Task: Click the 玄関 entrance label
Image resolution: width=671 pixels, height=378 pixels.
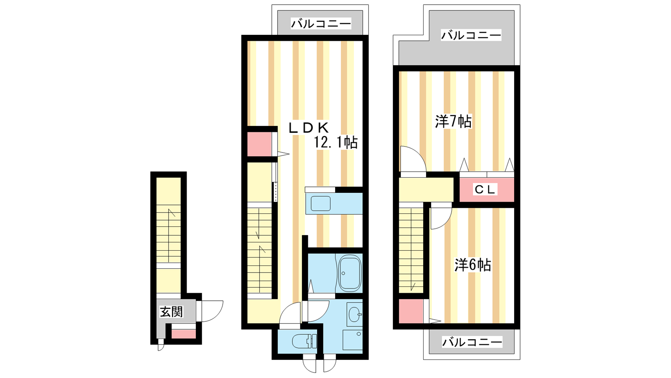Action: coord(171,312)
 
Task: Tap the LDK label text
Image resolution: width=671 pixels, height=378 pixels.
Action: coord(309,128)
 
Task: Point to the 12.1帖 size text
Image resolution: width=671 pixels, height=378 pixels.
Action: coord(336,142)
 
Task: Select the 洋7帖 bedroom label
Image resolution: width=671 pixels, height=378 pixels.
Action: coord(453,121)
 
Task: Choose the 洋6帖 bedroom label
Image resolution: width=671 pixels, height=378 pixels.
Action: coord(473,265)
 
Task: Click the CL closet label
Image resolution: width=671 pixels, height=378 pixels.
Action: coord(485,189)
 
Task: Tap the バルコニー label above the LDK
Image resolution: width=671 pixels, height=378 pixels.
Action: coord(321,24)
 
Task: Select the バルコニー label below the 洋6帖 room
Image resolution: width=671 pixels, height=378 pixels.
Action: coord(472,342)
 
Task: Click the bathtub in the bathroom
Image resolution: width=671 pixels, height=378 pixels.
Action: coord(350,273)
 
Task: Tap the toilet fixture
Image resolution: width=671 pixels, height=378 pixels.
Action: coord(304,341)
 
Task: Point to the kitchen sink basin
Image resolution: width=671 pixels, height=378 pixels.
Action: coord(320,203)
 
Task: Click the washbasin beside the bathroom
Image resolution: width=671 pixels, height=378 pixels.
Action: coord(355,315)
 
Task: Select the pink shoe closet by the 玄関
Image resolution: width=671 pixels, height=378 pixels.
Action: coord(183,334)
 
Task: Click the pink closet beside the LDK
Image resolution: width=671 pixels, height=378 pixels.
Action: coord(259,144)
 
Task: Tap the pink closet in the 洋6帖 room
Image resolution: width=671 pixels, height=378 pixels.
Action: coord(411,311)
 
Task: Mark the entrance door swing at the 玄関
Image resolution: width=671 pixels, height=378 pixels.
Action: coord(212,311)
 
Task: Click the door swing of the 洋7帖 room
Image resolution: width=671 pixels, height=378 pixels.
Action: coord(414,159)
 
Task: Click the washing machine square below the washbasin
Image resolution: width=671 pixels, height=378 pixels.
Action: coord(353,340)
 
